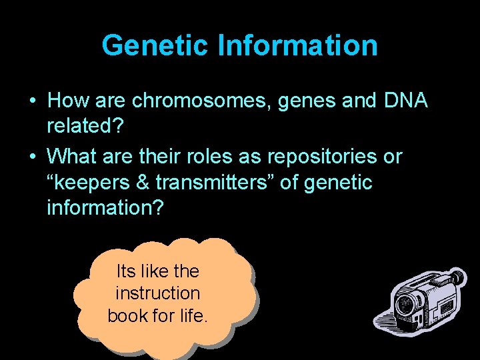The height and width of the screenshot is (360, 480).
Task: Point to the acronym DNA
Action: point(406,101)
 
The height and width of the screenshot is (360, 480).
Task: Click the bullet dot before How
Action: point(33,101)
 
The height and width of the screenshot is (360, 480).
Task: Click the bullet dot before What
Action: point(33,157)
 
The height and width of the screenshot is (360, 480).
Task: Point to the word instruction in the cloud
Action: point(157,293)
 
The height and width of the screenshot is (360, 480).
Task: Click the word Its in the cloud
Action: point(125,271)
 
